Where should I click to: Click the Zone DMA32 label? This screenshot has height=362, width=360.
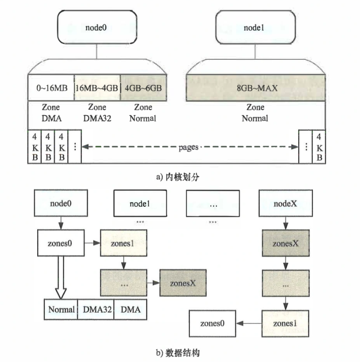(x=97, y=112)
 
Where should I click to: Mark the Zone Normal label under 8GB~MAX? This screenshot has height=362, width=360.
(x=255, y=112)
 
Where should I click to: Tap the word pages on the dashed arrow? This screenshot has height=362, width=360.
(x=188, y=147)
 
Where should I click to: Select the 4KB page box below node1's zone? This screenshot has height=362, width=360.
(x=319, y=147)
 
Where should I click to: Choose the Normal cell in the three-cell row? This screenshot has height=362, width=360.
(x=61, y=309)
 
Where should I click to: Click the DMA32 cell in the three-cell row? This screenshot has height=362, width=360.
(x=96, y=309)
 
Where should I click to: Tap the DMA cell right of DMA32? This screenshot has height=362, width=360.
(x=130, y=309)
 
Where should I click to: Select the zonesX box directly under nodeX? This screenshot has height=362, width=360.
(x=286, y=243)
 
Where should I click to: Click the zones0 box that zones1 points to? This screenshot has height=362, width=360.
(x=212, y=323)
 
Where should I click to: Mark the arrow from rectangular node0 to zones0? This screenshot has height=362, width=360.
(x=61, y=222)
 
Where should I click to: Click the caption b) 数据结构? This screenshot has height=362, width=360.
(x=178, y=353)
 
